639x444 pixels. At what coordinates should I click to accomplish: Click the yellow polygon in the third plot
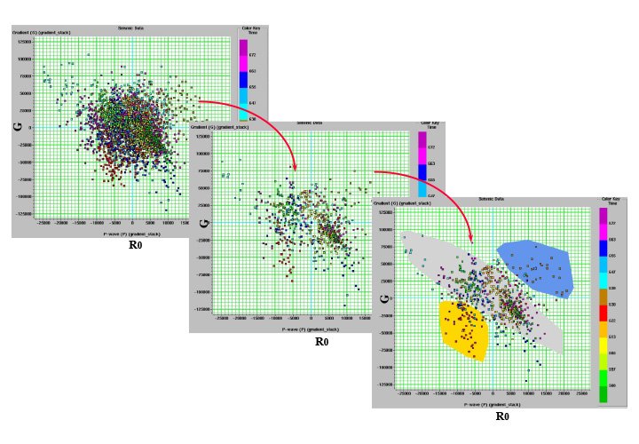tap(462, 329)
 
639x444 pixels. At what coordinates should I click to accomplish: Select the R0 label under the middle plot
tap(321, 341)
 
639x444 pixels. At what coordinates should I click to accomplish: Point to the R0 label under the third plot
tap(501, 416)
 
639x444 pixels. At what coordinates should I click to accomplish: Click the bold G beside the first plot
tap(17, 126)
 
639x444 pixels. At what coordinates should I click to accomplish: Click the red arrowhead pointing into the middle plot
tap(295, 167)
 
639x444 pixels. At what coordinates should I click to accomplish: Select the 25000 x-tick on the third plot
tap(581, 392)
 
